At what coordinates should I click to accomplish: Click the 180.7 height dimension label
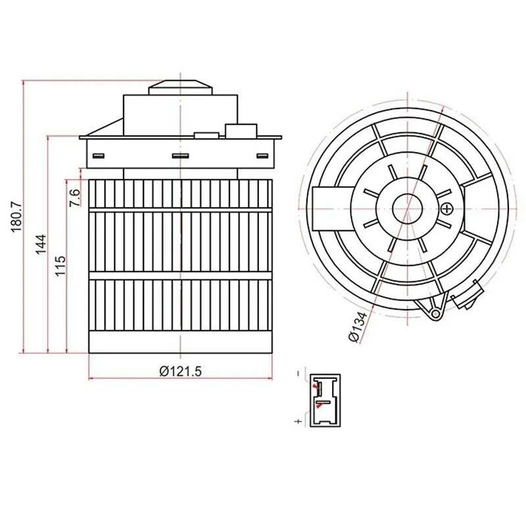pos(17,217)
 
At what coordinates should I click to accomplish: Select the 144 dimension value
pos(41,244)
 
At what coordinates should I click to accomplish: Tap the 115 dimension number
pos(60,266)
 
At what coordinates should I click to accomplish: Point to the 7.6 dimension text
pos(75,198)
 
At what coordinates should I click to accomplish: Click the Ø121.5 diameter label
pos(180,371)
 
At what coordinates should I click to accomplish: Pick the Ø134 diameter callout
pos(358,326)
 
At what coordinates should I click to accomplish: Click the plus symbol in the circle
pos(447,209)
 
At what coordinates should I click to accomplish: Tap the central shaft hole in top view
pos(407,208)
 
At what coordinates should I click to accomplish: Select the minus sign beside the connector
pos(299,373)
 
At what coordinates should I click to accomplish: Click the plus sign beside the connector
pos(299,421)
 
